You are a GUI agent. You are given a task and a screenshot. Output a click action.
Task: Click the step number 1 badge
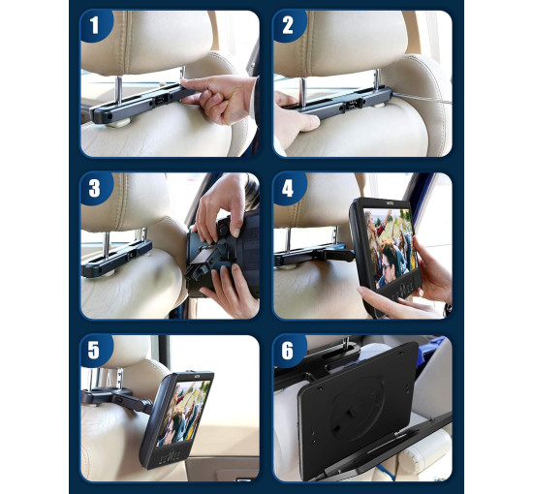click(x=96, y=25)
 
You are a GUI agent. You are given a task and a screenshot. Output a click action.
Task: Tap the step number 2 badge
click(x=288, y=25)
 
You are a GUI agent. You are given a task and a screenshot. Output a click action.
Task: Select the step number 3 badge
click(x=96, y=188)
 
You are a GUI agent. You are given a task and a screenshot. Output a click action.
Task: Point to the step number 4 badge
click(x=288, y=188)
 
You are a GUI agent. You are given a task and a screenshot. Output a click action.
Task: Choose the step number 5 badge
click(x=96, y=351)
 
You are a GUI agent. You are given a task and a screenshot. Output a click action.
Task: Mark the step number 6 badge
click(x=288, y=351)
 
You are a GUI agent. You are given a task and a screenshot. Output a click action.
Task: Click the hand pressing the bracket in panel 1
click(x=219, y=98)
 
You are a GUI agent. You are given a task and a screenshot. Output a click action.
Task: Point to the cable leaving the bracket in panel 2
click(x=423, y=98)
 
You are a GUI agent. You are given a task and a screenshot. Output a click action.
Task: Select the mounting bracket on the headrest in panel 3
click(x=116, y=258)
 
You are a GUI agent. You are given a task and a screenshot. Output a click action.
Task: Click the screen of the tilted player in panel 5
click(x=184, y=413)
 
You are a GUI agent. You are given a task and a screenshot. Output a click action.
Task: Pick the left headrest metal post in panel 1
click(x=119, y=90)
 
